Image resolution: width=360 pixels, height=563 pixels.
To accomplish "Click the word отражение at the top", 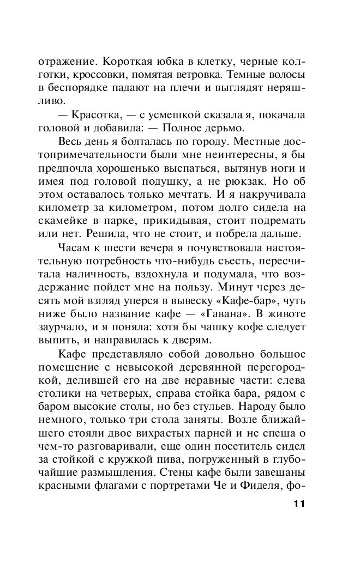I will [x=57, y=59].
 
